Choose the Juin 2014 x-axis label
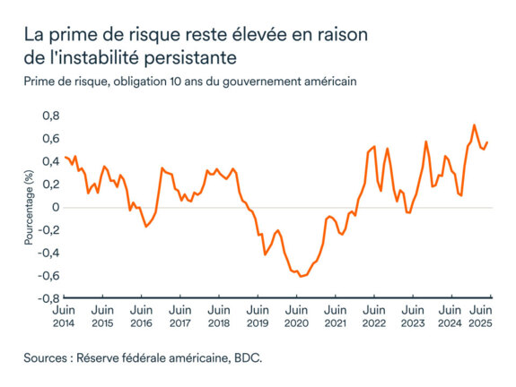[x=65, y=315]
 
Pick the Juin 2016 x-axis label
[x=142, y=315]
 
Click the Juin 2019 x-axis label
[x=258, y=315]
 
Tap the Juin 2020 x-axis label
[x=296, y=315]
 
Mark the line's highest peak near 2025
[x=474, y=125]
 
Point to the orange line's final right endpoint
[x=486, y=142]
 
